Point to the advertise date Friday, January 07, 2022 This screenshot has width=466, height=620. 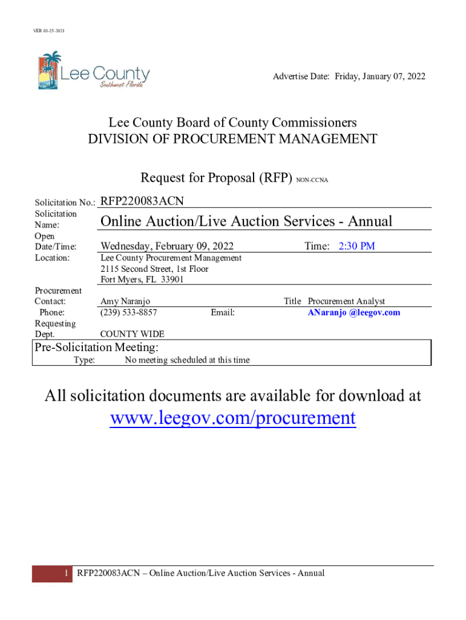point(377,76)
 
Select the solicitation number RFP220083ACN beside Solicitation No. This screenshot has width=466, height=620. point(142,200)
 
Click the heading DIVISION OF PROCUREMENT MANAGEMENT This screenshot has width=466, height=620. point(232,139)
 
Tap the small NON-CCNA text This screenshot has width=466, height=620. point(312,180)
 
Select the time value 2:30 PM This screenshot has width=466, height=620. point(356,246)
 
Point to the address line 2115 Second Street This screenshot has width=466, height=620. point(154,269)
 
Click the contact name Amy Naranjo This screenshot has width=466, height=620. point(125,302)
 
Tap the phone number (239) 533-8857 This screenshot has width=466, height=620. point(129,312)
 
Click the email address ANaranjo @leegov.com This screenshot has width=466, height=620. point(354,312)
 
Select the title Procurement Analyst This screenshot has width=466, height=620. point(346,302)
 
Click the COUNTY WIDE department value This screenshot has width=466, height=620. point(132,334)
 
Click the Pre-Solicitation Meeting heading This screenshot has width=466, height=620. point(97,348)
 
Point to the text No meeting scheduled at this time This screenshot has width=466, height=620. point(187,360)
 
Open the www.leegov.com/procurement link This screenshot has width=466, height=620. point(232,418)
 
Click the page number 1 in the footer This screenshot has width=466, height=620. point(65,573)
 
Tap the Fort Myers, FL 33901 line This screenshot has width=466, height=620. point(142,280)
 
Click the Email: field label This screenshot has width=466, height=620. point(223,312)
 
